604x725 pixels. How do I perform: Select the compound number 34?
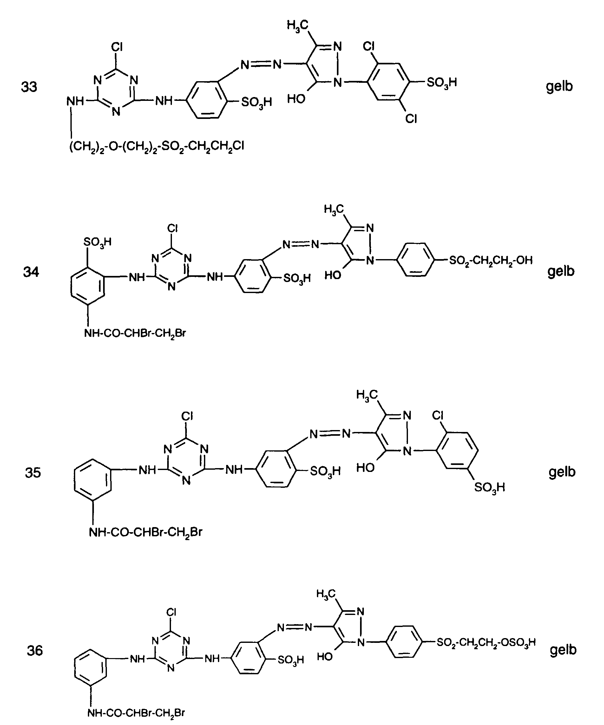pos(31,272)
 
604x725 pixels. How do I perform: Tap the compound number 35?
pos(33,472)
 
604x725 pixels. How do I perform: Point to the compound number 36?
pos(35,650)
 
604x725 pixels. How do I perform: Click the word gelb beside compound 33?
pos(559,86)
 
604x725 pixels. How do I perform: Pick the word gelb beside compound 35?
pos(562,472)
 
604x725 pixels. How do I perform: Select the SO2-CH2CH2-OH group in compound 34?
pos(491,260)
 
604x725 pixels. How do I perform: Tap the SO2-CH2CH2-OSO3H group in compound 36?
pos(486,643)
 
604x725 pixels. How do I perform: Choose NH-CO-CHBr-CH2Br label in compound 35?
pos(145,532)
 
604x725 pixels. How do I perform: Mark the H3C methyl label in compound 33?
pos(297,25)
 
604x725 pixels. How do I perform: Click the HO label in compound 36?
pos(325,656)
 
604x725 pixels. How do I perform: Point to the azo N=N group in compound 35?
pos(330,434)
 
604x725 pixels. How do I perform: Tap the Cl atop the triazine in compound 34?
pos(172,228)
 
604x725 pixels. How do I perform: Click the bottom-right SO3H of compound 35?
pos(489,487)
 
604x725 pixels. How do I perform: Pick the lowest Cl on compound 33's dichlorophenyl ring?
pos(411,119)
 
